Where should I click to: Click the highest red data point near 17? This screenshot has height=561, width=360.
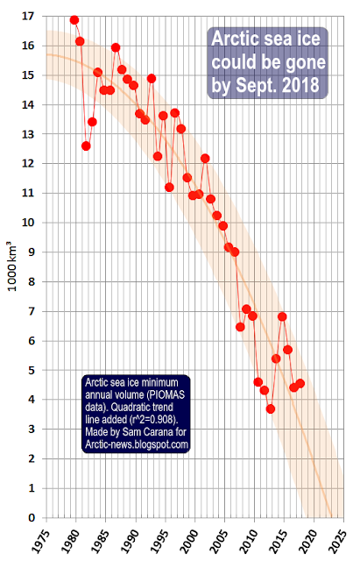point(74,20)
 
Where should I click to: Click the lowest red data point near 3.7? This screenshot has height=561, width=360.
point(271,408)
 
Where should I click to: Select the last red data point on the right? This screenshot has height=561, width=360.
point(300,384)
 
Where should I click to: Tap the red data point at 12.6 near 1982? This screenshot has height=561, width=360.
point(86,146)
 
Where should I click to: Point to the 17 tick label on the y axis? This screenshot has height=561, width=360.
point(29,16)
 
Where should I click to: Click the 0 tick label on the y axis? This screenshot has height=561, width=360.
point(32,518)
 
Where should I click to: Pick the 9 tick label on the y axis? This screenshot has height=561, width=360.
point(32,252)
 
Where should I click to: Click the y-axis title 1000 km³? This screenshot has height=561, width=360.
point(11,266)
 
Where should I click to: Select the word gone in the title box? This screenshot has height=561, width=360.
point(304,62)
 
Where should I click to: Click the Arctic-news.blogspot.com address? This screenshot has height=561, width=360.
point(137,444)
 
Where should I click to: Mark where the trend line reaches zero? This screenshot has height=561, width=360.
point(331,517)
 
